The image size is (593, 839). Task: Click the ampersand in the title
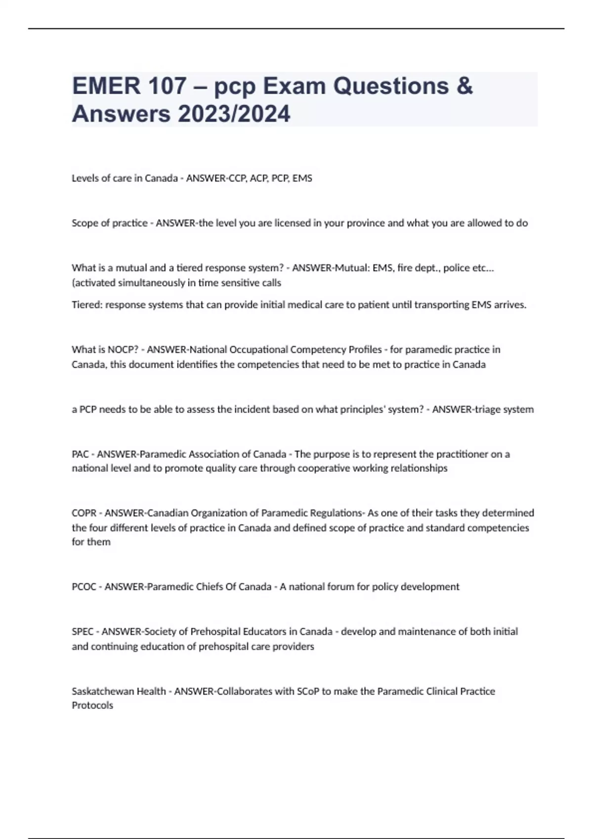tap(465, 86)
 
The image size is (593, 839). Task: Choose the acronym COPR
tap(84, 513)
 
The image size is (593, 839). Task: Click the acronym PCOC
tap(84, 587)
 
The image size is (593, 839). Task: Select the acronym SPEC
tap(83, 632)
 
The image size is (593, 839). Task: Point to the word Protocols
tap(92, 706)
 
